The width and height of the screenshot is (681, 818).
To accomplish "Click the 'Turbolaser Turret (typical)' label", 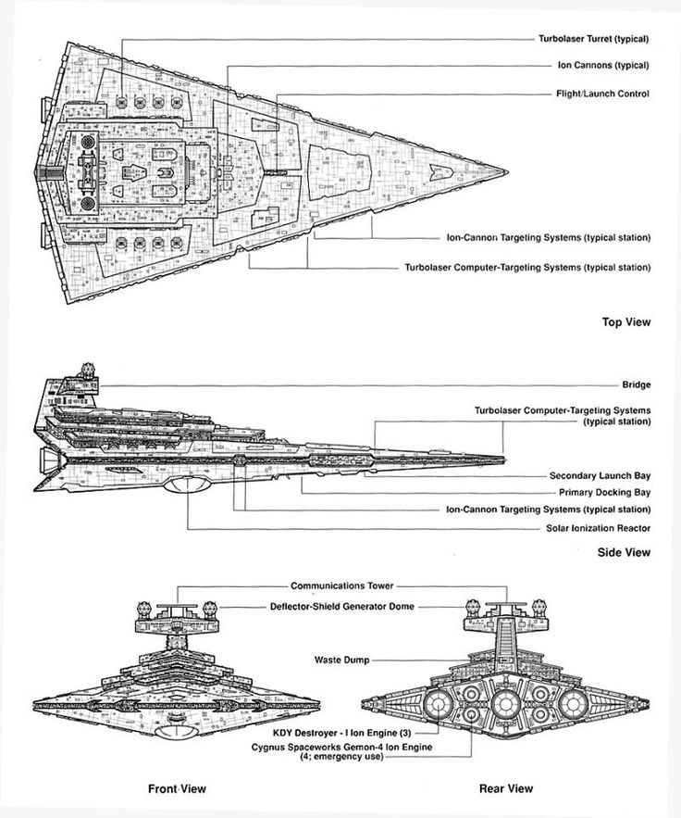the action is pos(593,39).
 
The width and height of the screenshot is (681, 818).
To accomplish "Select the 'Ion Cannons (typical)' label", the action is pos(603,65).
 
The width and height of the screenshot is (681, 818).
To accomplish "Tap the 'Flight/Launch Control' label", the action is pos(603,94).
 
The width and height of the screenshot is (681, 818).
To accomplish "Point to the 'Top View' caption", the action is pos(626,321).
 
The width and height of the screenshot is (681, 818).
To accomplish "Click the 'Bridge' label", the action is pos(637,384).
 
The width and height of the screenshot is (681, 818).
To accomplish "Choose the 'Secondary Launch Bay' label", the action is pos(601,475).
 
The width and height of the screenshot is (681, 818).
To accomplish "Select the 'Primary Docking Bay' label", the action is pos(605,492).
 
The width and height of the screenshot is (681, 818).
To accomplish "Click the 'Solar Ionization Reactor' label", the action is pos(598,528).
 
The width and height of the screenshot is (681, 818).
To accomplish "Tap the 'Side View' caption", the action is pos(624,552).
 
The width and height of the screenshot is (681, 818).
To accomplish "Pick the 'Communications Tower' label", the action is pos(341,585).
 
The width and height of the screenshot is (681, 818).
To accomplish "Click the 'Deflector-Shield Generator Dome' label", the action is pos(341,606).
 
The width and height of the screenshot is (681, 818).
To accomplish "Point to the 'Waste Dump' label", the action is pos(341,660).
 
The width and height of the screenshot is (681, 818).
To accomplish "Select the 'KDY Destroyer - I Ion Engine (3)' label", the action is pos(341,733).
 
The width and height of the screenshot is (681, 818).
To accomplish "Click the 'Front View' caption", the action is pos(177,788).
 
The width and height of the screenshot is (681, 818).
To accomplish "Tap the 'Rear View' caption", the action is pos(506,788).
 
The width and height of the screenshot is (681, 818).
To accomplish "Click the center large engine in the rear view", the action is pos(505,704).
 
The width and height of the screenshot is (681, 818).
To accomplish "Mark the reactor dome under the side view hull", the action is pos(187,485).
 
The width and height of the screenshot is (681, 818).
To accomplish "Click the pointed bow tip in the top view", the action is pos(507,171).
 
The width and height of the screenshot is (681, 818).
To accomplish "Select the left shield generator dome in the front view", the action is pos(144,609).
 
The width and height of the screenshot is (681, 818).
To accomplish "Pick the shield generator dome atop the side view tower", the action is pos(89,371).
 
